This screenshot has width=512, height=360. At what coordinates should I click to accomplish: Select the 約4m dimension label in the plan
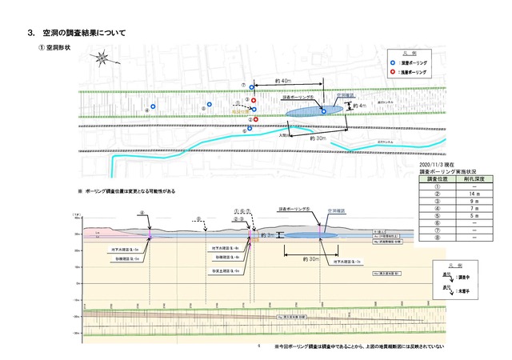[x=360, y=105]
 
